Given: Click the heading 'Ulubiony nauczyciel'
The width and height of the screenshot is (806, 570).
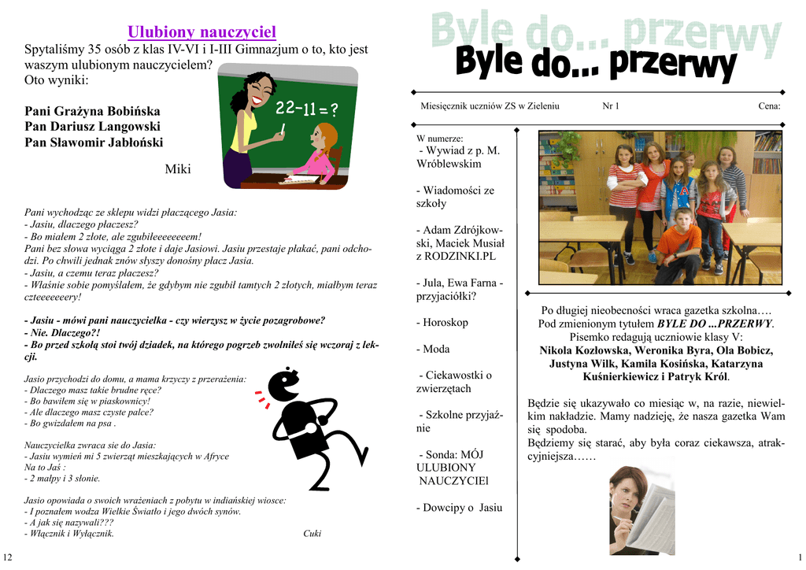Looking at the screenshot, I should click(201, 32).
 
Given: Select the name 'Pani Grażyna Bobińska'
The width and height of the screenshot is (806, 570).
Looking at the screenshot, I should click(92, 111).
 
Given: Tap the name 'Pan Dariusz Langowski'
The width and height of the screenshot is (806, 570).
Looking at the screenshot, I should click(92, 126).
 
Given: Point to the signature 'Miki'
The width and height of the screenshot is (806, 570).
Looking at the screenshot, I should click(178, 168).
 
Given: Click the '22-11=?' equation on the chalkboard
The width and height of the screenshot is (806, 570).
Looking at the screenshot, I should click(307, 109).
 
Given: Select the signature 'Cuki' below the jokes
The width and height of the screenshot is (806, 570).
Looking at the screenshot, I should click(312, 533).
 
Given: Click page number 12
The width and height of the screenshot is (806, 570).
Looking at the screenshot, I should click(8, 557).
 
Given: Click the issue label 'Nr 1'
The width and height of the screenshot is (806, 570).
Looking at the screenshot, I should click(610, 105).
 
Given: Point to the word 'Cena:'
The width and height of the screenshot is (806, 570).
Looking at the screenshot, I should click(769, 105).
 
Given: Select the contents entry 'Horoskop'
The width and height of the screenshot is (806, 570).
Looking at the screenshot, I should click(445, 322).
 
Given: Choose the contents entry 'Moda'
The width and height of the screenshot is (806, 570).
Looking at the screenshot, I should click(436, 348).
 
